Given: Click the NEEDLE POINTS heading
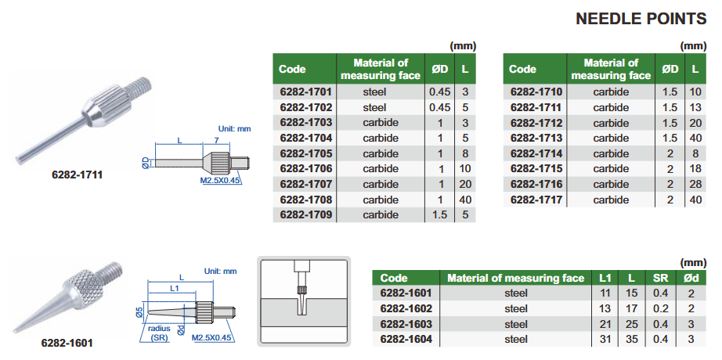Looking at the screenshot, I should click(x=641, y=19).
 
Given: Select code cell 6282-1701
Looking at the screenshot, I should click(x=305, y=92).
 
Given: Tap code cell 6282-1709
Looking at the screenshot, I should click(x=305, y=214).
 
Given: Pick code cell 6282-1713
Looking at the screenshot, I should click(x=536, y=138).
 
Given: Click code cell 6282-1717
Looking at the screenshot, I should click(x=536, y=200).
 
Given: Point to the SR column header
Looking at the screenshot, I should click(x=659, y=278).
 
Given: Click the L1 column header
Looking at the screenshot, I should click(x=605, y=278).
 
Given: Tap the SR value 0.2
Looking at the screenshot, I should click(x=659, y=308).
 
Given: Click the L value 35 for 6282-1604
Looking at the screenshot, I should click(x=631, y=340).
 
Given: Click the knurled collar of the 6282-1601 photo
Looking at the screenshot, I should click(x=90, y=279).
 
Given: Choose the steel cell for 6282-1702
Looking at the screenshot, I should click(x=374, y=107).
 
